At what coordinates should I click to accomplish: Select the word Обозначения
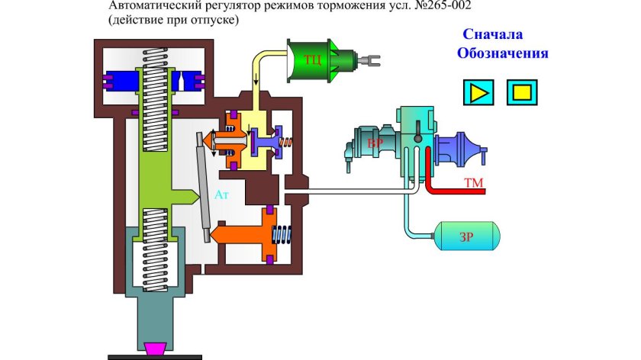tap(503, 53)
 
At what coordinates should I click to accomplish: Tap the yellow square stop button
tap(521, 92)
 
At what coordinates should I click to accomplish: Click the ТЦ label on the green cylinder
tap(312, 59)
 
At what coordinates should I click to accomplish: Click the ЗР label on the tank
tap(466, 237)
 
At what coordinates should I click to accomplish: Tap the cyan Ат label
tap(221, 195)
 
